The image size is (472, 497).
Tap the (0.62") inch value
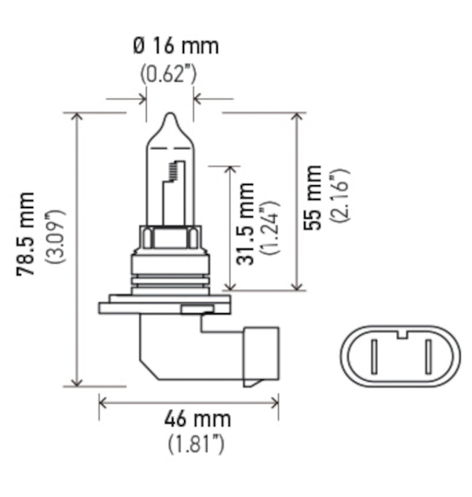(169, 74)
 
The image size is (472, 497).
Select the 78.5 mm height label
(26, 234)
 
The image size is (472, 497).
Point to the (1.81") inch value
(196, 443)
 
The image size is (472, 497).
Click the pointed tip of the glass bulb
(169, 116)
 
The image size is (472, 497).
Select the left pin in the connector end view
(373, 356)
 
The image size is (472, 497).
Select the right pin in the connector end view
(427, 356)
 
